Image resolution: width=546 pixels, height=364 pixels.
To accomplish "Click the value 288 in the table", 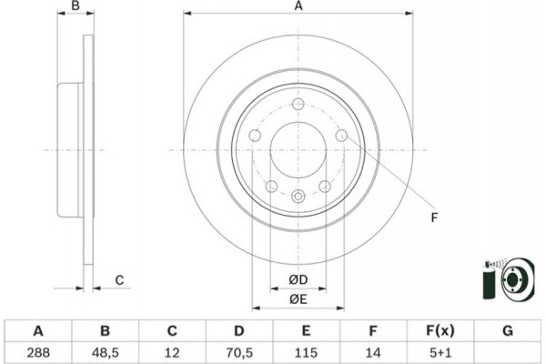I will coord(39,351).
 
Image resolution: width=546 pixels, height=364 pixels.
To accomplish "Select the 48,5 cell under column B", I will coord(106,351).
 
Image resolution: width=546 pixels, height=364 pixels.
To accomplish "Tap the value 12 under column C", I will coord(172,351).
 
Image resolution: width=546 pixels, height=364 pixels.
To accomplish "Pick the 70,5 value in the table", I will coord(239,351).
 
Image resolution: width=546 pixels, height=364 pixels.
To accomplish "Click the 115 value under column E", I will coord(306,351).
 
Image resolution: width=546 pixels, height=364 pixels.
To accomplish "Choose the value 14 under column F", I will coord(372,351).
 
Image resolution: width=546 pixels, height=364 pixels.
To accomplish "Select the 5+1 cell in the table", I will coord(439,351).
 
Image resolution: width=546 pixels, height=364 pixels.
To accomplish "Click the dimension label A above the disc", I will coord(298,7).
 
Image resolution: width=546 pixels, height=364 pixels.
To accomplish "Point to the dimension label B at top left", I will coord(76,7).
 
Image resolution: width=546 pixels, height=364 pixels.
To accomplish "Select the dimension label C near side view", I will coord(119,280).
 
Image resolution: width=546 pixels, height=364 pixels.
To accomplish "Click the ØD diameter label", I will coord(298,278).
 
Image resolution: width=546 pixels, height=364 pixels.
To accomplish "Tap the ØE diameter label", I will coord(298,298).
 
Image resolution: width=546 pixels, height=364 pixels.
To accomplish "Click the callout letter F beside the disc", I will coord(434,217).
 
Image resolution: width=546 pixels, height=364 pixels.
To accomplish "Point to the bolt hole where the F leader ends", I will coord(341,136).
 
